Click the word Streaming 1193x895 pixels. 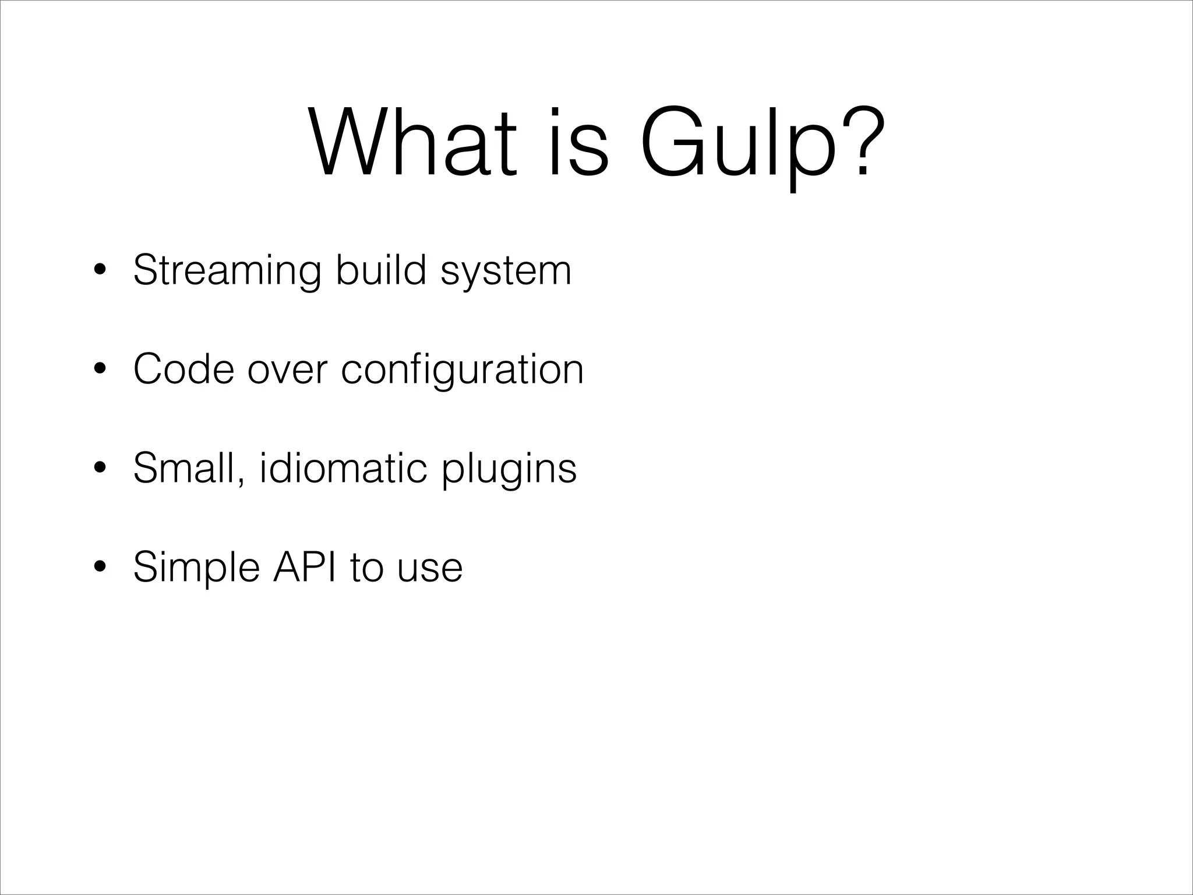point(227,271)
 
